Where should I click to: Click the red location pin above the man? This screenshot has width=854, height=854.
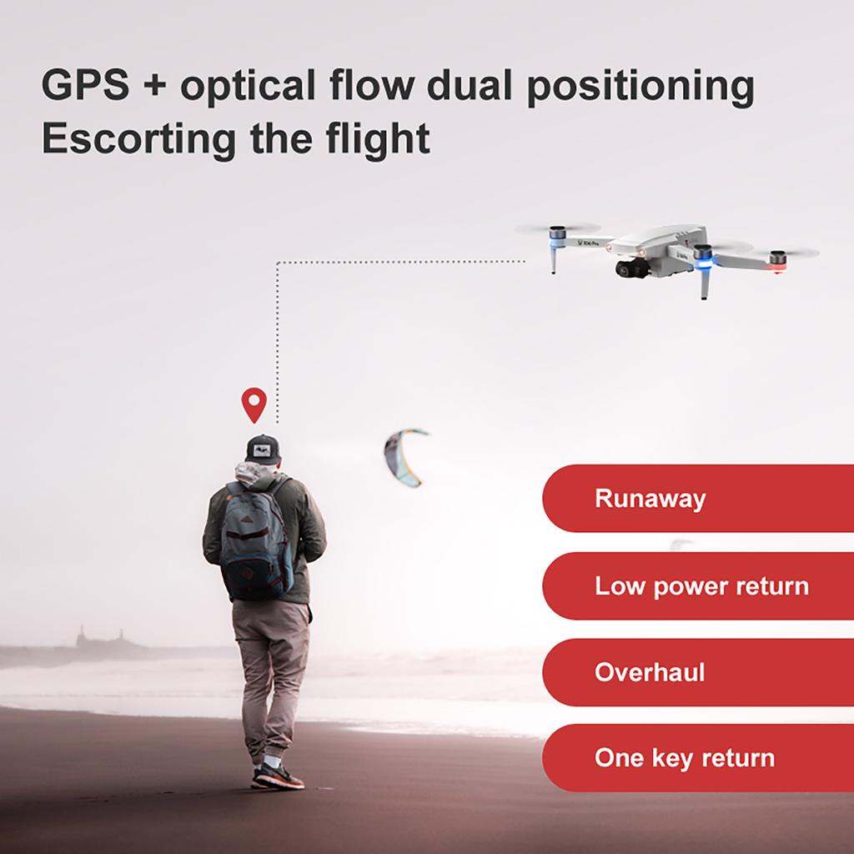(254, 404)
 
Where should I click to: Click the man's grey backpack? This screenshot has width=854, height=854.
(257, 542)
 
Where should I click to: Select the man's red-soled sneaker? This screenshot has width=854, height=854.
(278, 778)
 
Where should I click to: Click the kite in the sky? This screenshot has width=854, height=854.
(404, 455)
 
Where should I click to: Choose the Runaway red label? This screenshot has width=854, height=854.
(697, 499)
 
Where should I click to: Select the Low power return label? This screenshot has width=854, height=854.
(697, 585)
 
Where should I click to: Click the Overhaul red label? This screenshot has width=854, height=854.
(697, 672)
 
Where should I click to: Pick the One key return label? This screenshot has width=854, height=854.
(697, 758)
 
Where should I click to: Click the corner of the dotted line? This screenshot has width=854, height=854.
(277, 263)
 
